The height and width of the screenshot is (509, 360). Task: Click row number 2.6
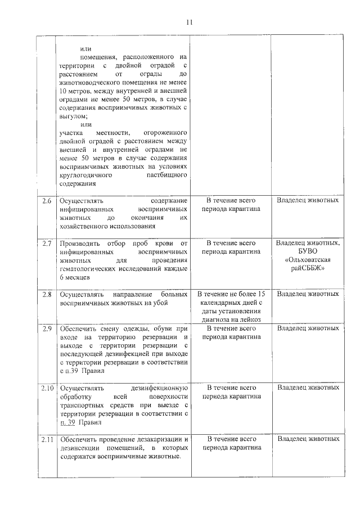47,201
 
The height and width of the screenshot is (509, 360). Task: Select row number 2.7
47,243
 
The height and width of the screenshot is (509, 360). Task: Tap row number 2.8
47,294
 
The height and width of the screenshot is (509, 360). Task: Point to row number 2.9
47,328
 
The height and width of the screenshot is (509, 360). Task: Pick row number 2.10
47,388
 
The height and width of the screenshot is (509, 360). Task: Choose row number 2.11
47,439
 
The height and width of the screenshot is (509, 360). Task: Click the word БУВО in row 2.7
308,251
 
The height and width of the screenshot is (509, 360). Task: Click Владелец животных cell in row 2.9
308,328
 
